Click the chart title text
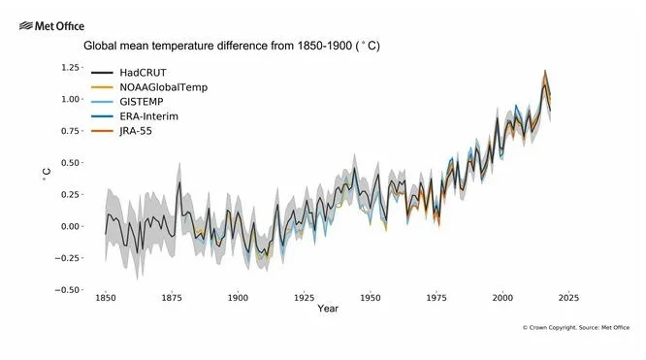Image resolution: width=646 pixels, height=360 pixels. [x=231, y=46]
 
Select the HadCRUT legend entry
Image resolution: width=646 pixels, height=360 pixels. [x=142, y=72]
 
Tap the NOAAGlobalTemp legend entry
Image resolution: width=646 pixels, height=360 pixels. [x=163, y=87]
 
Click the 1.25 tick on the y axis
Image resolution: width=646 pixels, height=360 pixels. [x=71, y=67]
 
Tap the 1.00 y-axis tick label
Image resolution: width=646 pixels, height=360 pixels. [x=71, y=99]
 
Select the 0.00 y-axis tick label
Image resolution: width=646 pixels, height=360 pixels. [x=71, y=226]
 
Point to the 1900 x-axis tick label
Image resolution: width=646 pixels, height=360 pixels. [x=238, y=299]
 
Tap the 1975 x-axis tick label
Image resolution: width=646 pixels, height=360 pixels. [x=436, y=299]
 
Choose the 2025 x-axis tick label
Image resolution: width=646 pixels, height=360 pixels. [x=568, y=299]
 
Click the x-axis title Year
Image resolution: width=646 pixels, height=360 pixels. [x=328, y=310]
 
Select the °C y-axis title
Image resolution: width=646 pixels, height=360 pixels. [x=46, y=176]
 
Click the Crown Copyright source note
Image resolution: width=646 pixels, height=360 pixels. [x=575, y=328]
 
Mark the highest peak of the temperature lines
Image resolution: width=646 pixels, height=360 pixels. [x=545, y=71]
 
